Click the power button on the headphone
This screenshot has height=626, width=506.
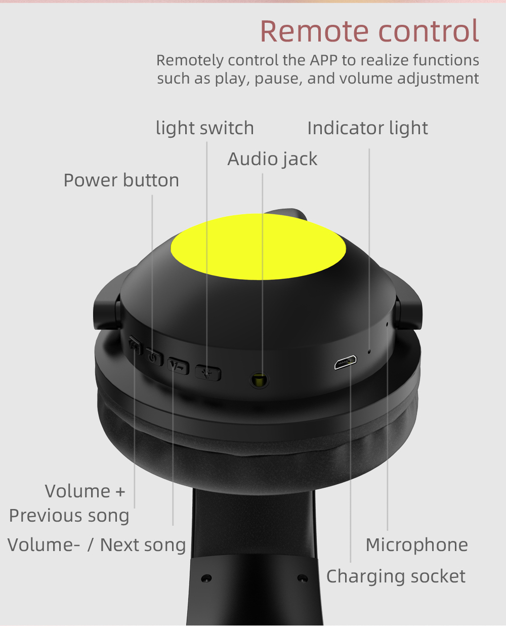(x=154, y=357)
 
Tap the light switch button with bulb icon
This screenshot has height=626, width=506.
(x=208, y=373)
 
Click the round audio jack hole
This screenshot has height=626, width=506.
(x=259, y=380)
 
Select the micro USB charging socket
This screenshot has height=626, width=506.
(x=346, y=362)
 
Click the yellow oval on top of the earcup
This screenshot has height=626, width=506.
(x=258, y=246)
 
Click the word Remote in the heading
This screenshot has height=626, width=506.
(x=314, y=31)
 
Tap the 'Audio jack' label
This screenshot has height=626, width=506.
(x=272, y=160)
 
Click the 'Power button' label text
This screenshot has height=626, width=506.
(x=121, y=180)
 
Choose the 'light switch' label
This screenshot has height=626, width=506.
(x=205, y=129)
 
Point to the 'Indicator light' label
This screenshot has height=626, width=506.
(x=367, y=129)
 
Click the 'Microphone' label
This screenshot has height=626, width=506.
(x=417, y=545)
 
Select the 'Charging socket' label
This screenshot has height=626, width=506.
(x=396, y=576)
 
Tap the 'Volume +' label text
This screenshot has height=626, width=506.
(x=85, y=491)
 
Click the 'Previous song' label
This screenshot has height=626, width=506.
(x=69, y=516)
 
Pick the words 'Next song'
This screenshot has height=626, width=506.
(x=143, y=545)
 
